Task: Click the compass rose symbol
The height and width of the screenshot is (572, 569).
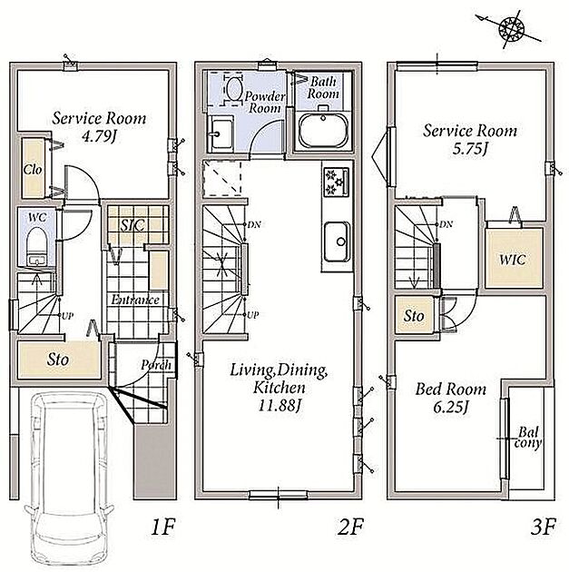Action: coord(511,28)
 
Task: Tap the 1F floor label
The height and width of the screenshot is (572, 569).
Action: coord(163,528)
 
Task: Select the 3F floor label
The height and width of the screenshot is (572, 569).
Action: coord(543,528)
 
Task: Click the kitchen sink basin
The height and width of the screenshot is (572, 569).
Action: coord(338,242)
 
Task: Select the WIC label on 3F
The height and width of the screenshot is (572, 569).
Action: coord(513,260)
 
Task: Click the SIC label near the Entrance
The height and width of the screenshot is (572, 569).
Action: coord(132,225)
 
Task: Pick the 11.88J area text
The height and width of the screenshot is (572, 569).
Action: coord(280,405)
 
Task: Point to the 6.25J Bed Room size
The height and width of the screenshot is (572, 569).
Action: coord(450,407)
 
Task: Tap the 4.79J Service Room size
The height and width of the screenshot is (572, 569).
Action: coord(99,136)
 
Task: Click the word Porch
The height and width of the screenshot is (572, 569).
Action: coord(156,364)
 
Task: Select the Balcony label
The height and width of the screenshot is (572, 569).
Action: coord(528,438)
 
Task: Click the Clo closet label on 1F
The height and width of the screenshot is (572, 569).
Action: coord(33,169)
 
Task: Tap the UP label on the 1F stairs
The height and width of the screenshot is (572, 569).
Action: coord(67,316)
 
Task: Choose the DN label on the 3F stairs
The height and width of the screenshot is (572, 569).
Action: coord(446,224)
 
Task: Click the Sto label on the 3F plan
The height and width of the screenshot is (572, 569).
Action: coord(414,316)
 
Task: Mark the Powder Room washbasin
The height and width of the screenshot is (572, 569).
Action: coord(220,133)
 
